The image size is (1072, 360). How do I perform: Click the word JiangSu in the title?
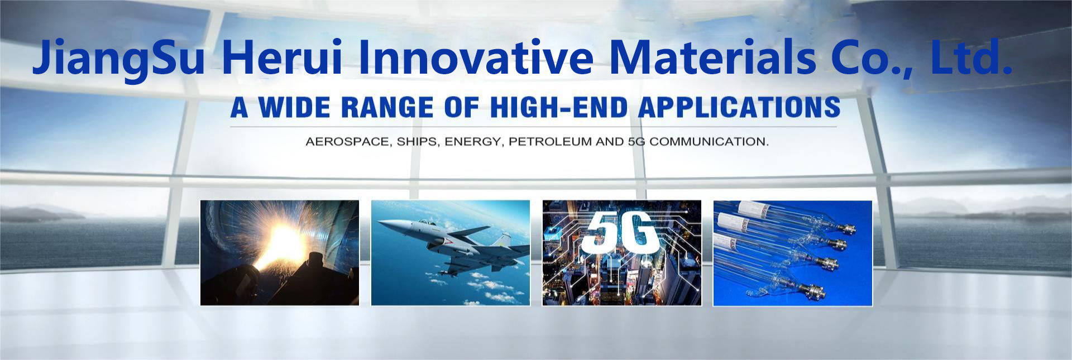119,59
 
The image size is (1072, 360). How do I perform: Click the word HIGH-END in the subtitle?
559,108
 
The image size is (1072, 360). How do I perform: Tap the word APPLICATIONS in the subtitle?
739,108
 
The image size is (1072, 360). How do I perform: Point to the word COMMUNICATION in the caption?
709,142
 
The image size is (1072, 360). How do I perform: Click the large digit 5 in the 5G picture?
601,232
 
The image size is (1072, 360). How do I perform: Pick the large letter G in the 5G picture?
640,231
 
